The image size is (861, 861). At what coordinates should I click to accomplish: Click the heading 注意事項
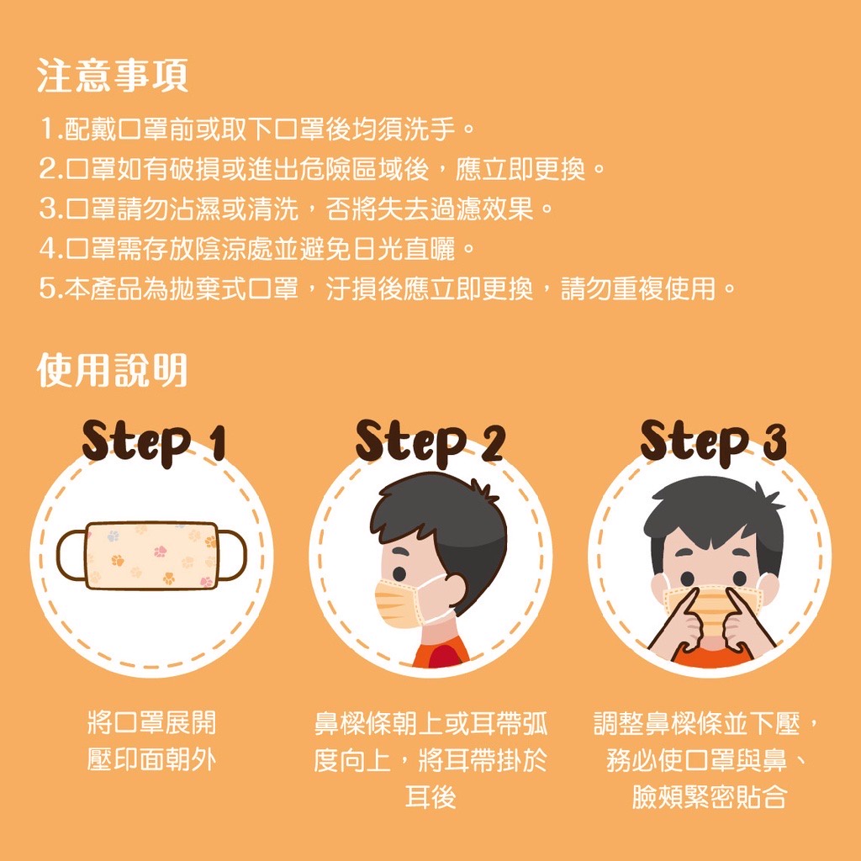(113, 76)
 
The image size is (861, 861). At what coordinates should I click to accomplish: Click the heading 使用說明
(112, 370)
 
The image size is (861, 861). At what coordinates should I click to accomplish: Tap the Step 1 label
(154, 442)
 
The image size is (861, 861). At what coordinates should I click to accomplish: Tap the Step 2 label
(430, 442)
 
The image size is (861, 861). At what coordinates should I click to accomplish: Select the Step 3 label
(713, 442)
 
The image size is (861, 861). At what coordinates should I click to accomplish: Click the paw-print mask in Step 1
(151, 555)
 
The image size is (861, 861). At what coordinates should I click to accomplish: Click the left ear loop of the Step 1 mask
(71, 555)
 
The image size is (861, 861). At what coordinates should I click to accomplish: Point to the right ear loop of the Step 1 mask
(232, 555)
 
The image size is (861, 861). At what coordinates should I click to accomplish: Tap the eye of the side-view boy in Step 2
(399, 573)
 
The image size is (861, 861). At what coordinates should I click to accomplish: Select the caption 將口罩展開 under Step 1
(151, 722)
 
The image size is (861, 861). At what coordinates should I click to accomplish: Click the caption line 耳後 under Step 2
(430, 797)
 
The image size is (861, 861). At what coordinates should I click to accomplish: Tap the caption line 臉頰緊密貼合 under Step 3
(710, 797)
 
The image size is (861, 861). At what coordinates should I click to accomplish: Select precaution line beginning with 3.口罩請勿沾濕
(296, 209)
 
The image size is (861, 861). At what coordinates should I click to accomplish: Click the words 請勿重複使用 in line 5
(638, 288)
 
